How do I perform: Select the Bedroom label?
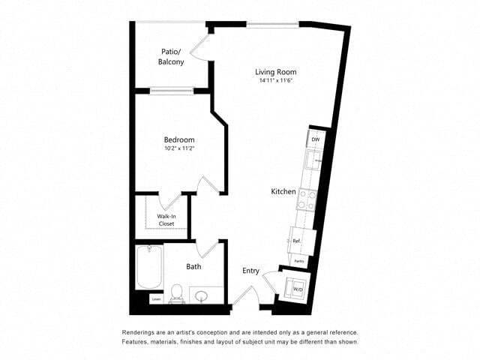179,139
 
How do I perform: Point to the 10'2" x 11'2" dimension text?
179,148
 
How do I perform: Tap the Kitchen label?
283,192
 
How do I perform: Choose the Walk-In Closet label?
166,220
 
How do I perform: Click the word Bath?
193,265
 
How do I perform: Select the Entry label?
250,271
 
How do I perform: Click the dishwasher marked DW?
316,140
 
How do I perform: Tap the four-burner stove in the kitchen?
307,198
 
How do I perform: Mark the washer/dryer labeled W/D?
297,289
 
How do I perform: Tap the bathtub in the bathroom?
148,268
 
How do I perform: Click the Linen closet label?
156,299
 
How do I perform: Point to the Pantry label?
298,261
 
